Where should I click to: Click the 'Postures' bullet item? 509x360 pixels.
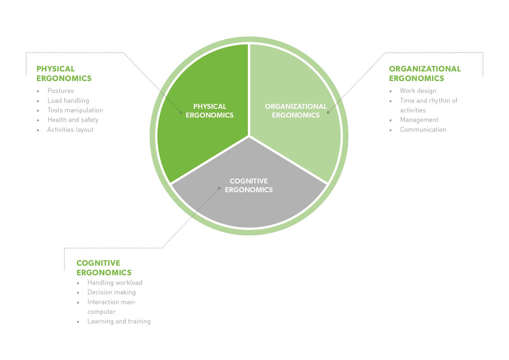(x=60, y=91)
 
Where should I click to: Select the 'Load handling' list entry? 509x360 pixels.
(x=68, y=101)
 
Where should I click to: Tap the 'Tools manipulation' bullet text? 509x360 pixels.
(x=75, y=110)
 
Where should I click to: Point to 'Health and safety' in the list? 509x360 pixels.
(x=73, y=120)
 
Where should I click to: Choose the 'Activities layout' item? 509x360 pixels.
(x=70, y=130)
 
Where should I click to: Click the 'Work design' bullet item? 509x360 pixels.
(x=418, y=91)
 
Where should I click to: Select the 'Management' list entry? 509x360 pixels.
(x=419, y=120)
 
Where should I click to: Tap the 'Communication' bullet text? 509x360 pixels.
(x=423, y=130)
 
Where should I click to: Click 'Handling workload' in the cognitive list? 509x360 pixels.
(x=115, y=283)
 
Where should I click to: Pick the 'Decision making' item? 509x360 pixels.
(x=111, y=292)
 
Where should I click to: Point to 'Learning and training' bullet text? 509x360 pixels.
(x=119, y=321)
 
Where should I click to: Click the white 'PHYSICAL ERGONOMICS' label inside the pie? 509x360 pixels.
(x=209, y=111)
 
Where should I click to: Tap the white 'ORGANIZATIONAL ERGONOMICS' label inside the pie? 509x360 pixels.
(x=296, y=111)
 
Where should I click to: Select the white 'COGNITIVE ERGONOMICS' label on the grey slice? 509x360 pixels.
(x=249, y=185)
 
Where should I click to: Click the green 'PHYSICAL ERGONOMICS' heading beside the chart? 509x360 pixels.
(x=64, y=74)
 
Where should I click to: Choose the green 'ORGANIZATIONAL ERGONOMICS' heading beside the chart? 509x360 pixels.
(x=425, y=74)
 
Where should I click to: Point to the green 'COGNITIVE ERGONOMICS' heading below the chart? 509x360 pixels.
(x=104, y=268)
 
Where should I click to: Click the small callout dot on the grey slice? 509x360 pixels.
(x=219, y=188)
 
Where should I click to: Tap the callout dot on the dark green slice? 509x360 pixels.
(x=181, y=112)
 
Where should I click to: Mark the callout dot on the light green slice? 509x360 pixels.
(x=328, y=112)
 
